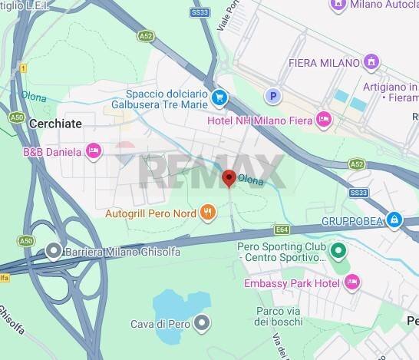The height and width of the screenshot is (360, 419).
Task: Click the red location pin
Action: point(229,178)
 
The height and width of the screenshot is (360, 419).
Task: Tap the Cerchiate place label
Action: point(54,123)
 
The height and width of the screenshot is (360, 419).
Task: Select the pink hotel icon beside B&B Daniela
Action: point(94,151)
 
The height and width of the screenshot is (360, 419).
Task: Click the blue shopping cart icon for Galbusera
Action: point(219,97)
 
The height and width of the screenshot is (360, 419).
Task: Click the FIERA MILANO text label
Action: point(325,62)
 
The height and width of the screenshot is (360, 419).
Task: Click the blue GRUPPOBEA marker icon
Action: point(394,220)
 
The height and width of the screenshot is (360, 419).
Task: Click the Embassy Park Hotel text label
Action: point(292,283)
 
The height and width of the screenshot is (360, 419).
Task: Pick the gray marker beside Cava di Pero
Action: point(202,323)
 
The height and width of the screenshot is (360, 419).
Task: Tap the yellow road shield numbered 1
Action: point(24,68)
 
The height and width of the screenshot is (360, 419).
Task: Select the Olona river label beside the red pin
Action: point(251,180)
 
